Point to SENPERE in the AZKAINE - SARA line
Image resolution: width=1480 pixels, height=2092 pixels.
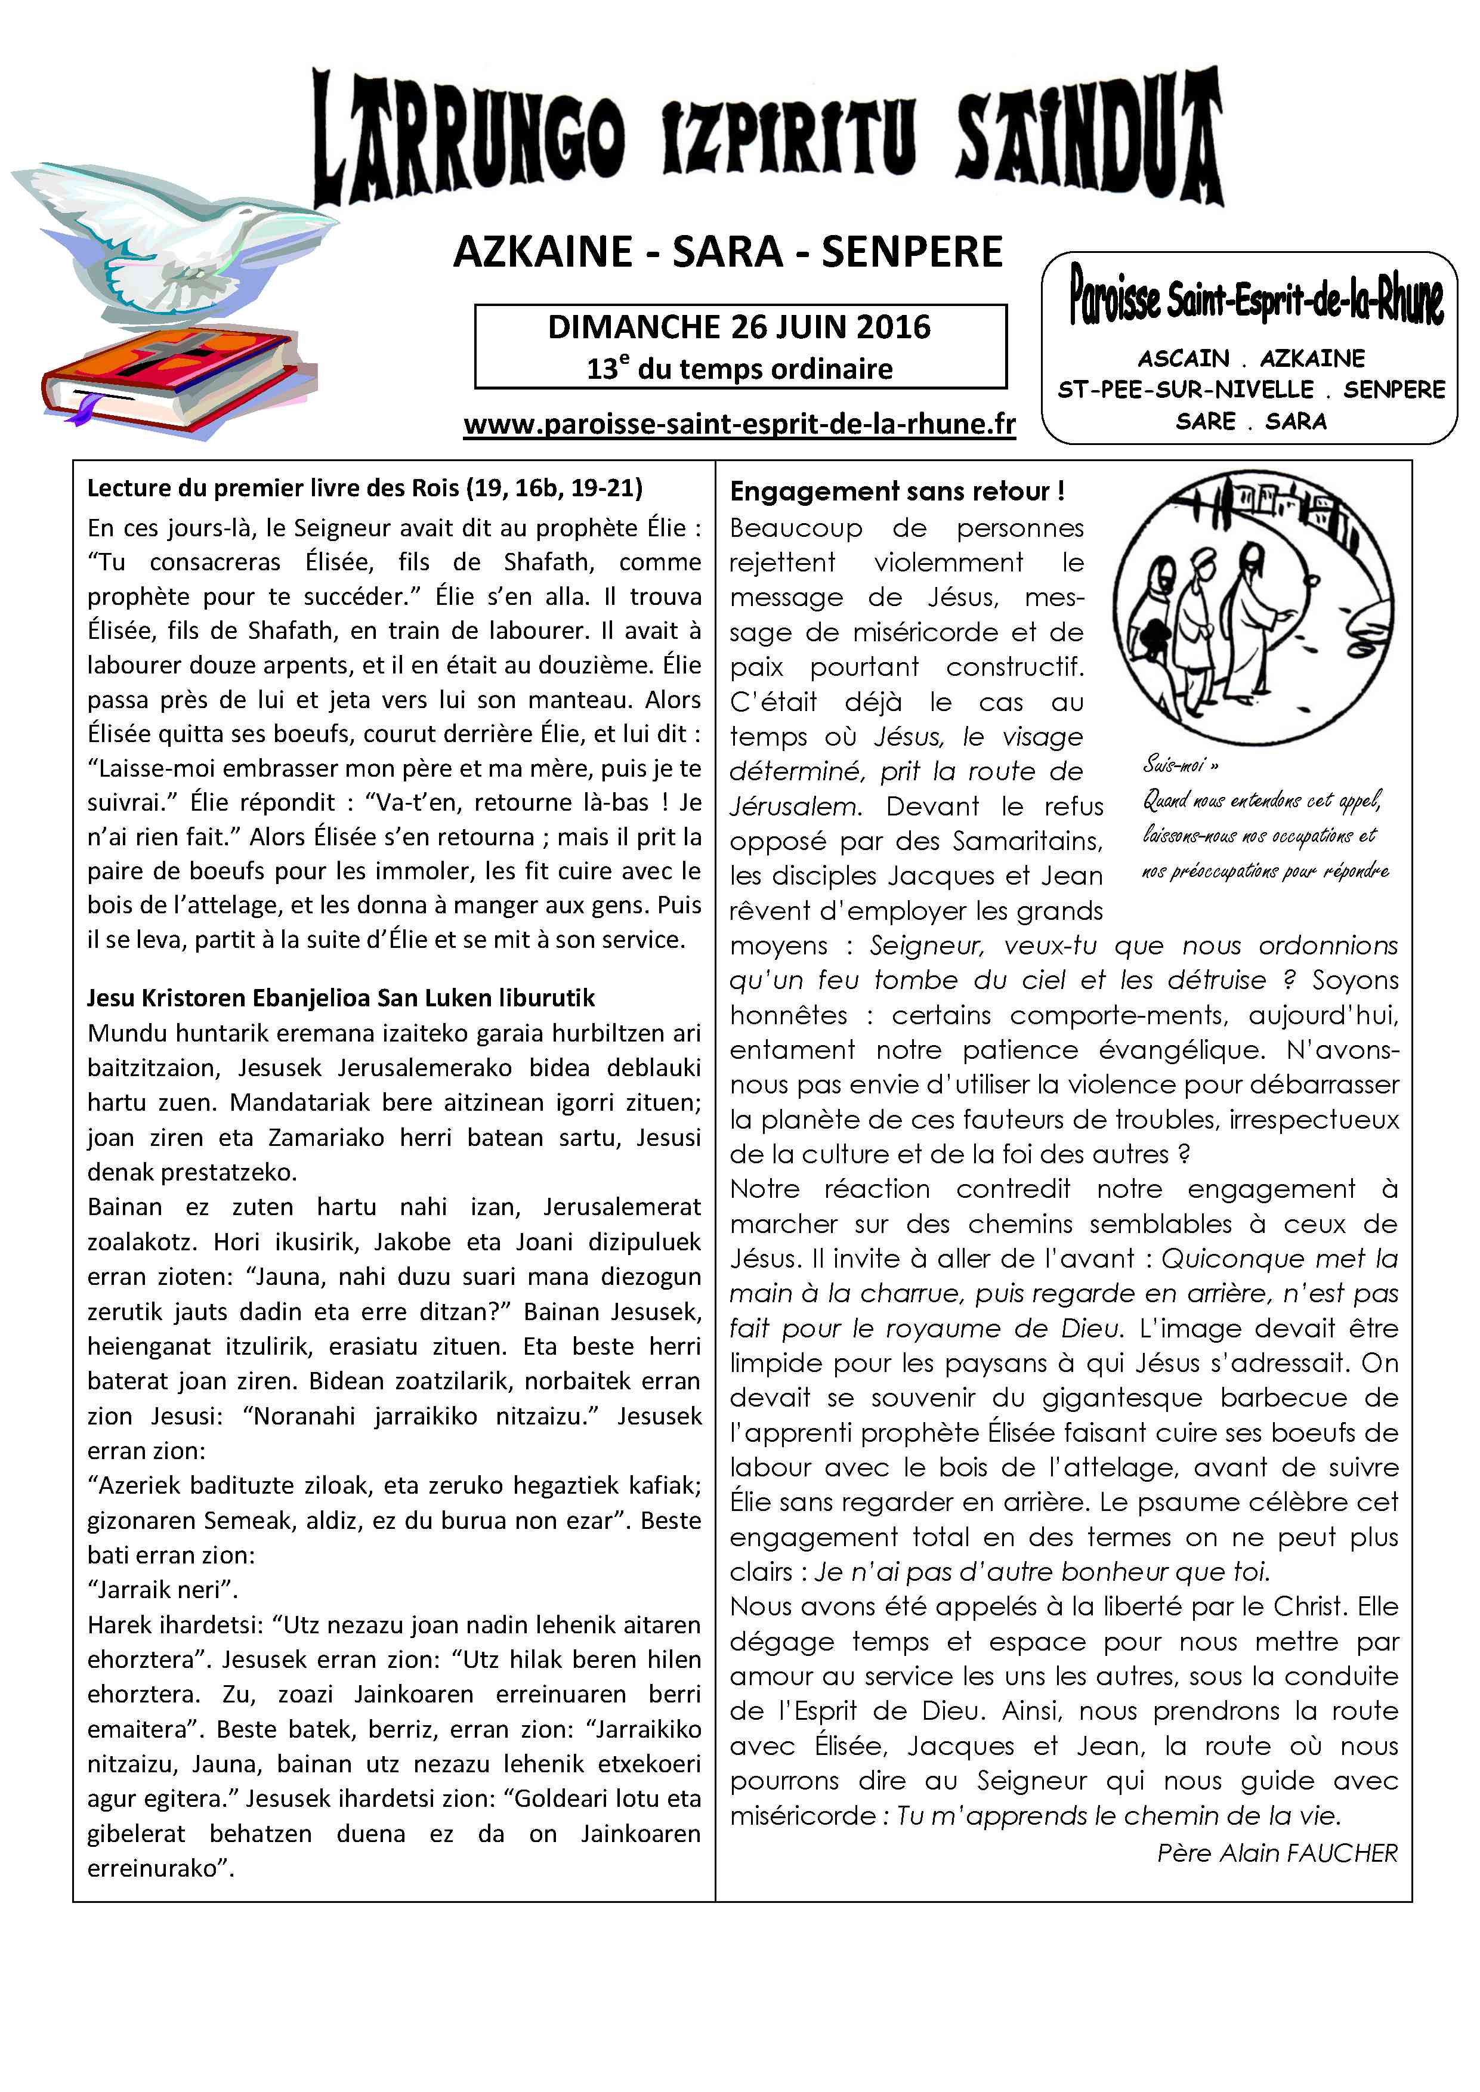coord(912,252)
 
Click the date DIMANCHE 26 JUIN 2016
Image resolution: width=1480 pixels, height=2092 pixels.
coord(739,327)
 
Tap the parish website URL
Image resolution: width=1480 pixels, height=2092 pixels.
coord(739,425)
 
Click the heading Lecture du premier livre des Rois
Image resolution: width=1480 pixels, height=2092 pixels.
coord(364,489)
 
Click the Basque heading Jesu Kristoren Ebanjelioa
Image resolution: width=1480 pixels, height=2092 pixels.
coord(340,998)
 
